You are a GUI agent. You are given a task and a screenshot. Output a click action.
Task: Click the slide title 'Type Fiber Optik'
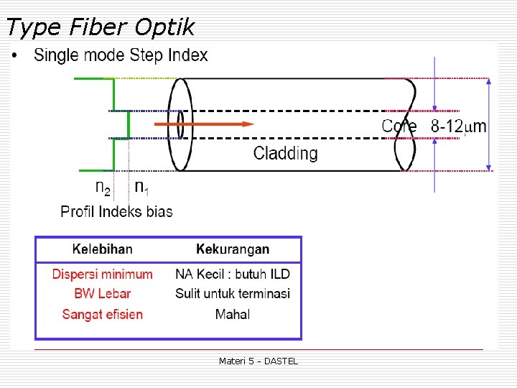tap(100, 27)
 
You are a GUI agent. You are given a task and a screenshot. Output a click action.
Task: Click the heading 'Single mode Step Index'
tap(121, 55)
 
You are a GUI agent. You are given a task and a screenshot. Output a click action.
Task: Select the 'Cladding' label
tap(285, 153)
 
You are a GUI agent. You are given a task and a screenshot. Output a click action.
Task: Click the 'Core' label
tap(399, 126)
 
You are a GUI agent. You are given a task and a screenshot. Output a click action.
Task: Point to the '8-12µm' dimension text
tap(458, 126)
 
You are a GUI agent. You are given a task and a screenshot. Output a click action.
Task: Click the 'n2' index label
tap(103, 188)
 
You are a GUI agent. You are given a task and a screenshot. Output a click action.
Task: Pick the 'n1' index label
tap(142, 188)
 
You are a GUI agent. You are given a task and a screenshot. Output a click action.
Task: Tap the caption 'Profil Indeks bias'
tap(116, 211)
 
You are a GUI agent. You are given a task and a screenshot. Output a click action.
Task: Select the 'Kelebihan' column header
tap(102, 249)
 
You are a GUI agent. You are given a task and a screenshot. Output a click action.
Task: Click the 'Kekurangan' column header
tap(233, 249)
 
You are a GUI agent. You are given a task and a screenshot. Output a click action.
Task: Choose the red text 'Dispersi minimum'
tap(102, 274)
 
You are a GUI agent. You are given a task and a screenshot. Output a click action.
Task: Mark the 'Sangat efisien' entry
tap(102, 314)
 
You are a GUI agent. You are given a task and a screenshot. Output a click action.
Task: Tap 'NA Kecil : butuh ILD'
tap(233, 274)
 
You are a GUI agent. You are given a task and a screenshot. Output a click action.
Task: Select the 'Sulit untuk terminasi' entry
tap(233, 294)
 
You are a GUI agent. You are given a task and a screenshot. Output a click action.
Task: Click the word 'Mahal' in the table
tap(233, 314)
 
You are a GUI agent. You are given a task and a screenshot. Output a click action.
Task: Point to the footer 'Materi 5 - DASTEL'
tap(258, 361)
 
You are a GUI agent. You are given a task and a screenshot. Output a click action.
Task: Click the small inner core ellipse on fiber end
tap(180, 124)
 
